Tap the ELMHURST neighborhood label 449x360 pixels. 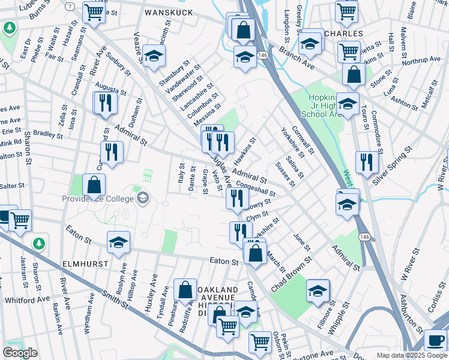[84, 263]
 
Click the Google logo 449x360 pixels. [20, 352]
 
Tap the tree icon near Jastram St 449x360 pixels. [39, 243]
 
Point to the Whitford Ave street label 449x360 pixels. [27, 299]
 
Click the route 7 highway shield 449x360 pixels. [71, 6]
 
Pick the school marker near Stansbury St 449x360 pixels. [154, 56]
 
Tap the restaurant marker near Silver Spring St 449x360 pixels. [367, 161]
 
